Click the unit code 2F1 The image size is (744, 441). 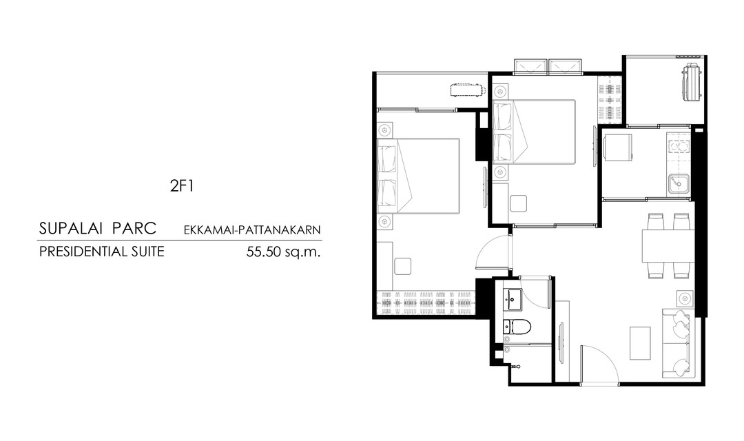(182, 185)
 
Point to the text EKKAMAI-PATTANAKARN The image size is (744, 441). (252, 230)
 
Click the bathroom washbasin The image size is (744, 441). (513, 299)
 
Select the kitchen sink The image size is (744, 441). (679, 184)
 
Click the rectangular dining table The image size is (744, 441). (667, 245)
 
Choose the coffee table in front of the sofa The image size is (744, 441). (639, 342)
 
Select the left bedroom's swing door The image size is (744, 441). (493, 256)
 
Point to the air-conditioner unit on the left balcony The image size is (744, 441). (468, 90)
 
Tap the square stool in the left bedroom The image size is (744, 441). (402, 266)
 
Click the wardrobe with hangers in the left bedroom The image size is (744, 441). (426, 303)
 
